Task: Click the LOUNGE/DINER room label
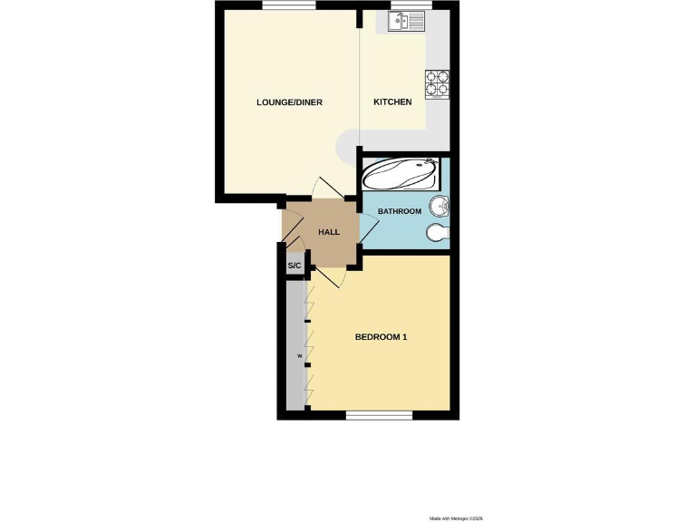pos(290,102)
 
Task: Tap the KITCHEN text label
pos(393,102)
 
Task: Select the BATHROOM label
pos(400,211)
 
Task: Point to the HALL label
pos(328,233)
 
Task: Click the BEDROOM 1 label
pos(381,337)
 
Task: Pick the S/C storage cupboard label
pos(294,266)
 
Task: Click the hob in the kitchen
pos(437,83)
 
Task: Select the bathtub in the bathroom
pos(401,173)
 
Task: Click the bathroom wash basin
pos(440,206)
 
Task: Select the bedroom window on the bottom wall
pos(380,415)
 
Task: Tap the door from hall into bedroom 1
pos(327,276)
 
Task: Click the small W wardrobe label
pos(298,356)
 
